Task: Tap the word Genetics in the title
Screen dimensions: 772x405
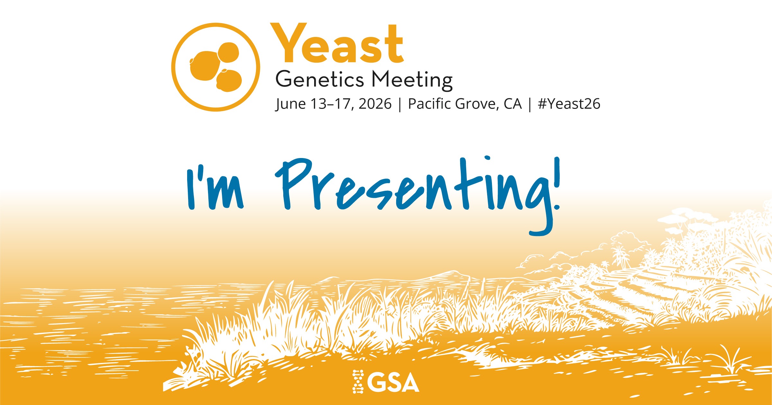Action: click(x=320, y=80)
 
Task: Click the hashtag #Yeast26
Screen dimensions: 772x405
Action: click(x=569, y=104)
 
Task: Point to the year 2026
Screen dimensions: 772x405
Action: click(x=375, y=104)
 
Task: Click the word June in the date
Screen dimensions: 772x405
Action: click(x=290, y=104)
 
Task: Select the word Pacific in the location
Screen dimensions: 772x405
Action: click(x=429, y=103)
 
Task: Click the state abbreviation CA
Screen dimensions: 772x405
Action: click(x=513, y=104)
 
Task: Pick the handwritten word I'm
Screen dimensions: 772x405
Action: click(x=214, y=188)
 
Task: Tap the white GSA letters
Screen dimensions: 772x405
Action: click(x=393, y=382)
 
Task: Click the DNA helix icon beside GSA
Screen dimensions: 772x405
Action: click(x=358, y=382)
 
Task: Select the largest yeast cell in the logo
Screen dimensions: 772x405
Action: click(x=205, y=66)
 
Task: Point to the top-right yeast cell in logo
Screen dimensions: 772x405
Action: click(x=228, y=52)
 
